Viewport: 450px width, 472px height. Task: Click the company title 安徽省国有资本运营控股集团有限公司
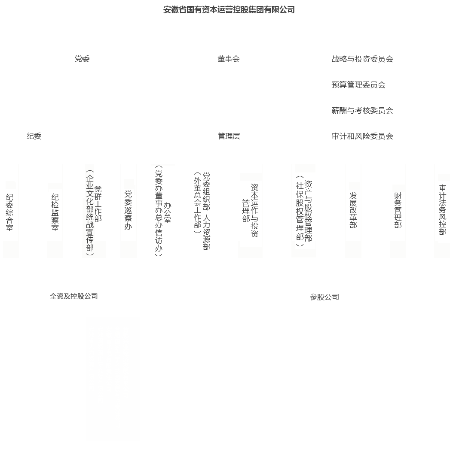tap(229, 9)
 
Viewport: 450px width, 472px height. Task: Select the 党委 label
tap(82, 59)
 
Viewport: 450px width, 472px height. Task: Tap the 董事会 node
tap(229, 59)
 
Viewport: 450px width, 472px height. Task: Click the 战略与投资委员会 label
tap(362, 59)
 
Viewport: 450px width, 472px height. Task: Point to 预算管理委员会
tap(358, 85)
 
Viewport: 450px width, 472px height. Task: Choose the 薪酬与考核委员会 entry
tap(362, 110)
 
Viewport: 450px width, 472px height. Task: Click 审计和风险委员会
tap(362, 136)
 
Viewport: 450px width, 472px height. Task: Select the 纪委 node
tap(34, 136)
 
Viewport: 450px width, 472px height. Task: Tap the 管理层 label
tap(229, 136)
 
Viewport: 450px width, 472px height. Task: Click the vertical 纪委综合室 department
tap(9, 212)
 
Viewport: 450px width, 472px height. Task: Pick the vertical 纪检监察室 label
tap(55, 212)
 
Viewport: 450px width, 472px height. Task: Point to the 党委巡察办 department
tap(128, 210)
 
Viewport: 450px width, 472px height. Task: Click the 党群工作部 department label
tap(98, 204)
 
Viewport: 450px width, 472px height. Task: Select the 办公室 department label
tap(167, 213)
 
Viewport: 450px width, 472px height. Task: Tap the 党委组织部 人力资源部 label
tap(206, 211)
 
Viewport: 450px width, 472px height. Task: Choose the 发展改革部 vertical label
tap(353, 210)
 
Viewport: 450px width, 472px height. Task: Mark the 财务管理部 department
tap(398, 210)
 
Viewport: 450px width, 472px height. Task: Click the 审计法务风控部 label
tap(442, 210)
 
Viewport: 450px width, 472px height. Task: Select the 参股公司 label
tap(324, 297)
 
